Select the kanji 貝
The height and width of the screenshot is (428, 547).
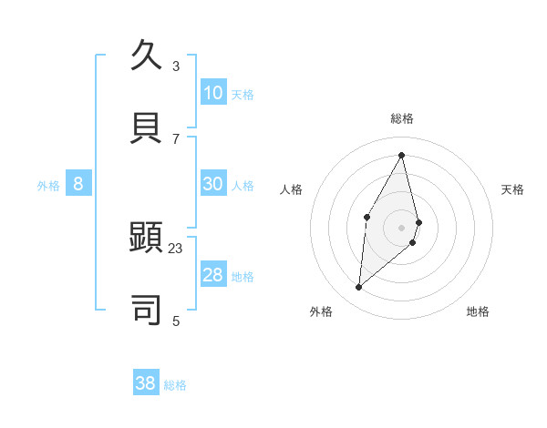click(146, 127)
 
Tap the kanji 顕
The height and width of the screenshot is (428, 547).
click(146, 238)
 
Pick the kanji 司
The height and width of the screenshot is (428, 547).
click(146, 310)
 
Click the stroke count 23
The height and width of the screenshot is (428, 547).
click(176, 248)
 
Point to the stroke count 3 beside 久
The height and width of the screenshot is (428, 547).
click(176, 66)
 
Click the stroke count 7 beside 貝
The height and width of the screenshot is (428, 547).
click(176, 138)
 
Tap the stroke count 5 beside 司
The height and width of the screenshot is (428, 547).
click(176, 321)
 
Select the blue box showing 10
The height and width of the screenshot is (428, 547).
click(213, 93)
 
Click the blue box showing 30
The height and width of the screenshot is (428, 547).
click(213, 184)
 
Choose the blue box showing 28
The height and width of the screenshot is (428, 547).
click(213, 275)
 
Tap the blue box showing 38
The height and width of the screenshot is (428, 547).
click(146, 383)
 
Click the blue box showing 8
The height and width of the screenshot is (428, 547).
click(78, 184)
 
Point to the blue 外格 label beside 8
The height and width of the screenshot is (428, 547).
click(48, 186)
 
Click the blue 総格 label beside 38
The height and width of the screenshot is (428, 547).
click(175, 385)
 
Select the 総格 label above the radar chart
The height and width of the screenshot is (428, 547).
click(402, 118)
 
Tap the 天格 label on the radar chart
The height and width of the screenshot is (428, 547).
click(513, 189)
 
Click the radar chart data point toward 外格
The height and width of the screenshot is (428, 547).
click(359, 288)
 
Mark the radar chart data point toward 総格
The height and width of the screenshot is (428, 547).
click(402, 154)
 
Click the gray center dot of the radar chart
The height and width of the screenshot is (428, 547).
click(402, 227)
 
